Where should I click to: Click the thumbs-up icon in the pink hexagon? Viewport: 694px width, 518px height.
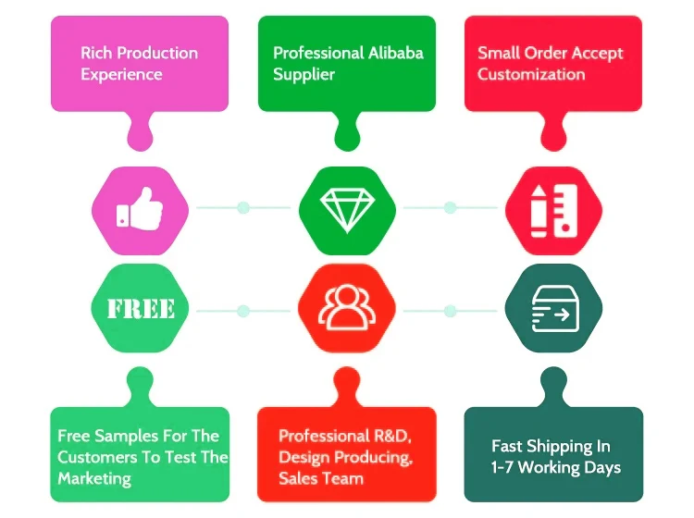140,209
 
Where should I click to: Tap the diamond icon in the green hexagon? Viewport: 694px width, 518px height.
346,210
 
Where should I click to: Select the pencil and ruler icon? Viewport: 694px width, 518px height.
553,210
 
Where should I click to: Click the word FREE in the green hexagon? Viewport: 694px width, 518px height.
141,309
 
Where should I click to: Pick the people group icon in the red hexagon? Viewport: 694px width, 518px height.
346,309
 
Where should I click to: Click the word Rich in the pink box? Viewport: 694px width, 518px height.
96,53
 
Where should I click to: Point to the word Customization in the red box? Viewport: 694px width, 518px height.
531,74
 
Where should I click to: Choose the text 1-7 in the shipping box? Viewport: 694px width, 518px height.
506,467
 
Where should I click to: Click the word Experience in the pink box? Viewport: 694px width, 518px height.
121,74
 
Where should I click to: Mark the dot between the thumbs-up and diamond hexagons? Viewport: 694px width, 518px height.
243,207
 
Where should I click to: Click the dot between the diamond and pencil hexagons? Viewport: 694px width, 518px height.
450,207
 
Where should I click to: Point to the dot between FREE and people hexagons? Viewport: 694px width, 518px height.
243,311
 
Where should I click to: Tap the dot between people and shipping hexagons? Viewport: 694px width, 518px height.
450,311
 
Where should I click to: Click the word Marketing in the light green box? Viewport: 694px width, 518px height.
94,478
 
